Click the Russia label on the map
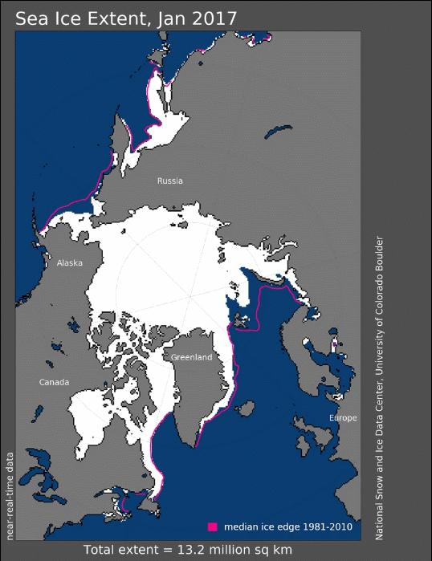click(169, 181)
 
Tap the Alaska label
click(69, 262)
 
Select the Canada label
click(55, 381)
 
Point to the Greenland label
click(191, 356)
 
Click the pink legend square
click(213, 526)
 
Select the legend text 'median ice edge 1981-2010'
click(287, 526)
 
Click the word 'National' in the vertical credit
click(379, 518)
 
